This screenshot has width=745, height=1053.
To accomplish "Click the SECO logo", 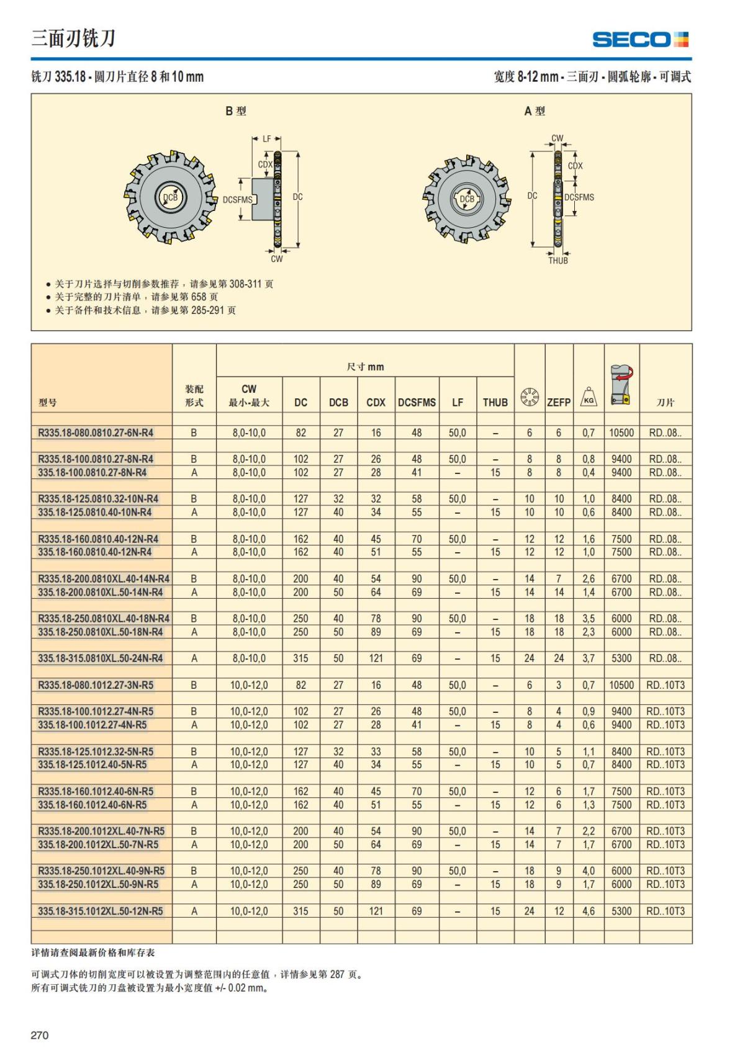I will point(640,40).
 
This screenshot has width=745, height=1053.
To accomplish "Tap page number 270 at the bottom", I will point(40,1034).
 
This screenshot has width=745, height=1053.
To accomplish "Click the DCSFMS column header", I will point(417,402).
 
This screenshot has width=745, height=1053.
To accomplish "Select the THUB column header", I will point(495,402).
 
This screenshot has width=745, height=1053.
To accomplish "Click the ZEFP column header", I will point(558,402).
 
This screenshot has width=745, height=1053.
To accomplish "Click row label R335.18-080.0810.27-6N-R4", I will point(96,432).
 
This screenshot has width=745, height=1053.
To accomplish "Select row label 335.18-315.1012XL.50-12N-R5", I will point(101,911).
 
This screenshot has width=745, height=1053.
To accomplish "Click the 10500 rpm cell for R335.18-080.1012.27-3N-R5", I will point(621,685).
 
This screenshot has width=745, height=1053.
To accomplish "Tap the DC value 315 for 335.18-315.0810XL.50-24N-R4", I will point(300,658).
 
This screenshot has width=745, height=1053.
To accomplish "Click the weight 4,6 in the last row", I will point(588,911).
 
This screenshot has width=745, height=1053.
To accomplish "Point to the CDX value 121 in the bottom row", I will point(376,911).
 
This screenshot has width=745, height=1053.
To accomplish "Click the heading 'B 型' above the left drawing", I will point(236,111).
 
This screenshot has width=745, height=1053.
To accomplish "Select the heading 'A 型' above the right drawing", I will point(535,111).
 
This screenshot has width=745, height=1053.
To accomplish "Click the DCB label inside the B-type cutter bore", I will point(170,197).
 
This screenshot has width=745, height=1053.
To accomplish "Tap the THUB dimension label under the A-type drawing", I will point(558,261).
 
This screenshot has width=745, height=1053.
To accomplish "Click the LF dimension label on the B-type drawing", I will point(266,139).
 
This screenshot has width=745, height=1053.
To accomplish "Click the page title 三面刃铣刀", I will point(73,38).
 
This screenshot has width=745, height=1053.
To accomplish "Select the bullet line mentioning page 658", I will point(136,297).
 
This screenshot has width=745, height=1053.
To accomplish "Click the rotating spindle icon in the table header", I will point(621,385).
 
